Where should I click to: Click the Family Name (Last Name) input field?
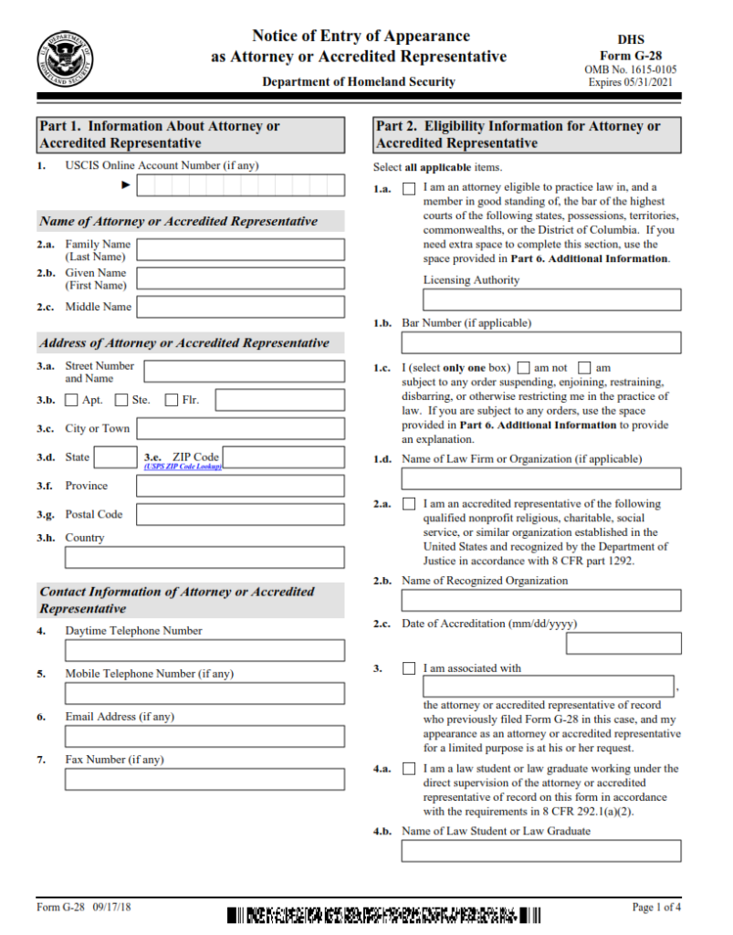coord(241,250)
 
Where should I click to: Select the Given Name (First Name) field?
coord(241,278)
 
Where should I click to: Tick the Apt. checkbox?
coord(72,400)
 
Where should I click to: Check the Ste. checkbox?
coord(121,400)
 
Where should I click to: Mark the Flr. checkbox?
coord(172,400)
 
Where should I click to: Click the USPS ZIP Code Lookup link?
coord(183,467)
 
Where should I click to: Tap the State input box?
coord(116,457)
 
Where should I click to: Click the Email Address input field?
coord(204,736)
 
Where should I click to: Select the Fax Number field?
coord(204,779)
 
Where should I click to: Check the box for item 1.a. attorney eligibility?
coord(409,189)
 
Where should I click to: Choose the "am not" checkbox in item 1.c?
coord(526,369)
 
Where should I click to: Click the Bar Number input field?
coord(541,342)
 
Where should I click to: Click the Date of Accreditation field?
coord(623,643)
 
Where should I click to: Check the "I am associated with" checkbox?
coord(409,668)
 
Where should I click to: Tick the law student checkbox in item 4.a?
coord(409,769)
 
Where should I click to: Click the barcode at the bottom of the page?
coord(383,914)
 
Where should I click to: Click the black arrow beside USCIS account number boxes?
coord(126,185)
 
